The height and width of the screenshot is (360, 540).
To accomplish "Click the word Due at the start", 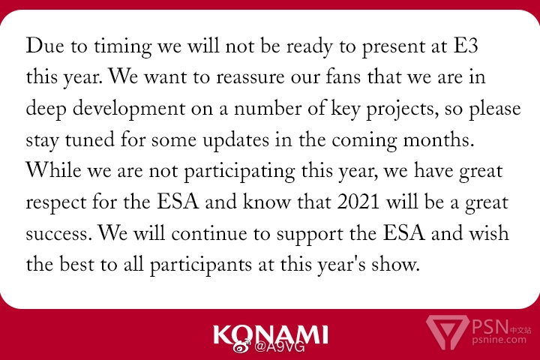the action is coord(45,45).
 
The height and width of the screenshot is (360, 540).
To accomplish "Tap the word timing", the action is coord(122,46).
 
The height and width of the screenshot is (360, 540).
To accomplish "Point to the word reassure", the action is coord(250,77).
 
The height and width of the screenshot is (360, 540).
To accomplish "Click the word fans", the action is coord(343,76).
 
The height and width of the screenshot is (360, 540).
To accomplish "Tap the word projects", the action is coord(402,109).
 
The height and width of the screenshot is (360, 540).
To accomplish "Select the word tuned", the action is coord(90,139).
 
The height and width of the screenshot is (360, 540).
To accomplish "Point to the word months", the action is coord(438,139).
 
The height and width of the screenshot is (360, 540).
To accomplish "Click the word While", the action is coord(54,170).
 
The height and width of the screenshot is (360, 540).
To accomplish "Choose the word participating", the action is coord(239,172).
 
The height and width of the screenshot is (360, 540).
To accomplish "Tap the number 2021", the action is coord(358,202).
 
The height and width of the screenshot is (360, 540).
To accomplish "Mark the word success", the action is coord(59,234).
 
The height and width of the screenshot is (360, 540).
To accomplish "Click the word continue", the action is coord(209,233).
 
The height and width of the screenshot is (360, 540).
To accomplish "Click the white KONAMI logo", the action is coord(271,334).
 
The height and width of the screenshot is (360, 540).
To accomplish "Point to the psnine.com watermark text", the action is coord(499,340).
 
